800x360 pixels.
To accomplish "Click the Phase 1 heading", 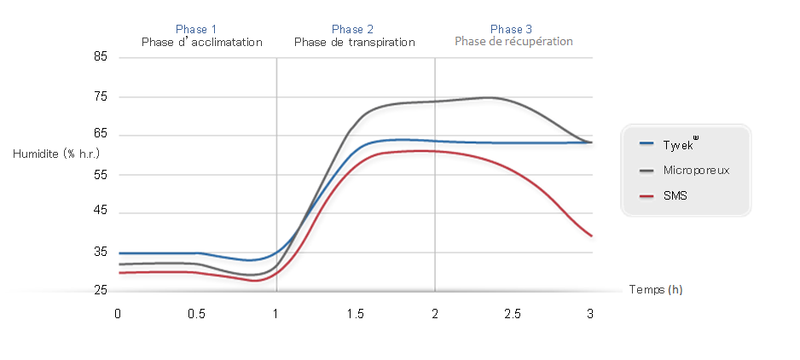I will pos(196,29).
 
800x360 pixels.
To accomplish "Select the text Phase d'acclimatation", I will pos(201,42).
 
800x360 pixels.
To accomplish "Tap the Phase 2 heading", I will pos(353,29).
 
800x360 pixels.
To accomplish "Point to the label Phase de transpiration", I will pos(354,42).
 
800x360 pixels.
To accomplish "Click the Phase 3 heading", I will pos(512,29).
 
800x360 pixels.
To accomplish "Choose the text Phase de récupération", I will pos(513,41).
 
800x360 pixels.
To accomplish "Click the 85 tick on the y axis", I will pos(101,57).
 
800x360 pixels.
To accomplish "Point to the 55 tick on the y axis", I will pos(101,174).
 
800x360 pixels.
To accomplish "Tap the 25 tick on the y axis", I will pos(101,291).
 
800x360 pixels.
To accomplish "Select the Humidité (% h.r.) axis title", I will pos(56,154).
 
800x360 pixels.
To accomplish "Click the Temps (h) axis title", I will pos(655,290).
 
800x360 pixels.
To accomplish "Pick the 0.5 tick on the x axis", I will pos(197,314).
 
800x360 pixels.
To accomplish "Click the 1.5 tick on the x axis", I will pos(355,314).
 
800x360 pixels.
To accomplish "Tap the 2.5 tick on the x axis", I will pos(513,314).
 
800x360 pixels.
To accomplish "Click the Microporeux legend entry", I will pos(695,170).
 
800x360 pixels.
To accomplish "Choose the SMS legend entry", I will pos(675,195).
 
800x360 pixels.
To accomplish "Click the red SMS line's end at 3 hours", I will pos(591,235).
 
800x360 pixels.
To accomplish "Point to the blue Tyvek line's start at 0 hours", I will pos(120,253).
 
